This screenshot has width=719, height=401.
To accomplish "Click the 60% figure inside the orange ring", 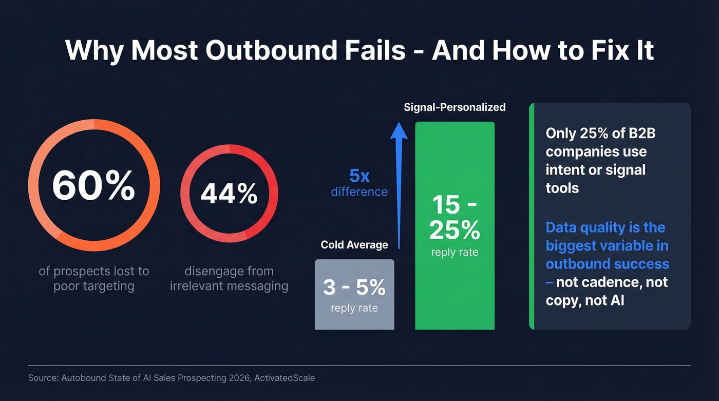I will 93,186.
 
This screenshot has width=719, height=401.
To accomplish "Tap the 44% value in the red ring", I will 229,194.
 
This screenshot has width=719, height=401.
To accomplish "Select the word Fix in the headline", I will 597,50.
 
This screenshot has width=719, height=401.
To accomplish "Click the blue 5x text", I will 359,176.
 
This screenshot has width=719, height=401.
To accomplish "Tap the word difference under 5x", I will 359,192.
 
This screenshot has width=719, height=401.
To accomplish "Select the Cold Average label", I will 354,245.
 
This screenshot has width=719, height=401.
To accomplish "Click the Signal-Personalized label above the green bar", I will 455,107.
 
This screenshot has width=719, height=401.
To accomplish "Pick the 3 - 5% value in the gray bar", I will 354,288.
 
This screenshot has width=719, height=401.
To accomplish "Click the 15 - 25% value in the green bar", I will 455,218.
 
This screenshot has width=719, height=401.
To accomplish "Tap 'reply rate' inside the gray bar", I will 354,308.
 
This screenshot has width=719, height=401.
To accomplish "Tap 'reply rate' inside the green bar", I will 455,252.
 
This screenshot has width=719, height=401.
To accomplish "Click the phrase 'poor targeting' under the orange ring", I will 94,286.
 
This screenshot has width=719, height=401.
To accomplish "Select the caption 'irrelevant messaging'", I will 229,286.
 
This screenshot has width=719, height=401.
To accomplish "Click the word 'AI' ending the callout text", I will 617,300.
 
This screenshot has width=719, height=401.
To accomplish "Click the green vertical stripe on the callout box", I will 532,216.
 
